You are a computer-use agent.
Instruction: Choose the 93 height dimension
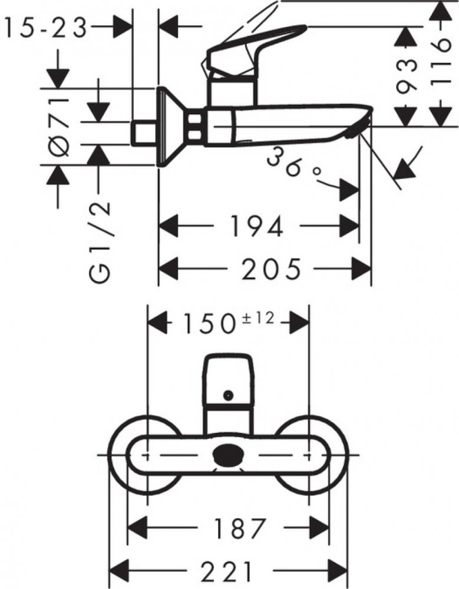point(407,77)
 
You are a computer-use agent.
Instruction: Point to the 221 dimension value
point(229,570)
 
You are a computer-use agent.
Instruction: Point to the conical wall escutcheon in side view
point(168,127)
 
